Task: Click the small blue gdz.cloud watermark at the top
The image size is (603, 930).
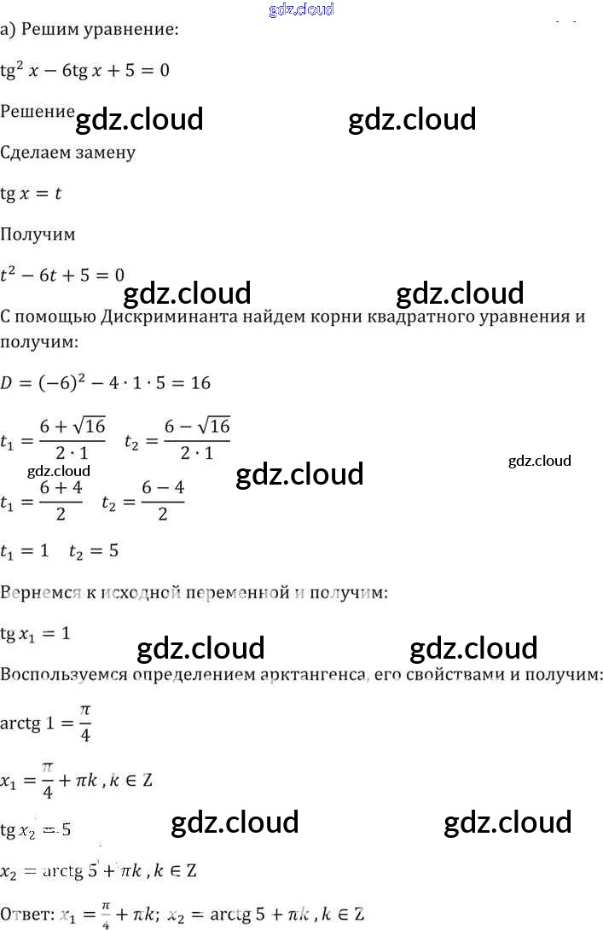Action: click(x=300, y=10)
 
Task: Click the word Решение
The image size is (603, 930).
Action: click(x=37, y=112)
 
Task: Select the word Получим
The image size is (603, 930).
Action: click(x=38, y=234)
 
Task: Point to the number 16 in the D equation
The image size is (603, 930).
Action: click(x=200, y=383)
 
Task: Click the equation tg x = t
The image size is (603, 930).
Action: click(x=32, y=194)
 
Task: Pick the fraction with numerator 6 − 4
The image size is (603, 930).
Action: click(x=163, y=501)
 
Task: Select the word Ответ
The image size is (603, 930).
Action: click(x=27, y=914)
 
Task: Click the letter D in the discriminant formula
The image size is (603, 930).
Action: click(x=8, y=383)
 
